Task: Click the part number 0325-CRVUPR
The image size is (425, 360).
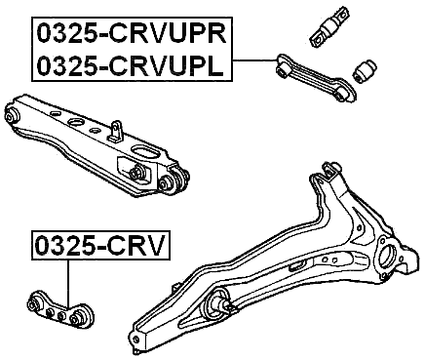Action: point(131,34)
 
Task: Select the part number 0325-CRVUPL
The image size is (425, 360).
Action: point(131,66)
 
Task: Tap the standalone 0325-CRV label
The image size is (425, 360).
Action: point(98,244)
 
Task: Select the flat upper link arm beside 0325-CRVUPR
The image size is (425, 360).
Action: point(310,77)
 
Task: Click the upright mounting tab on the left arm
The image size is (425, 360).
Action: point(116,131)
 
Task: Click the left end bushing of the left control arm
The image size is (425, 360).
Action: point(14,114)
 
